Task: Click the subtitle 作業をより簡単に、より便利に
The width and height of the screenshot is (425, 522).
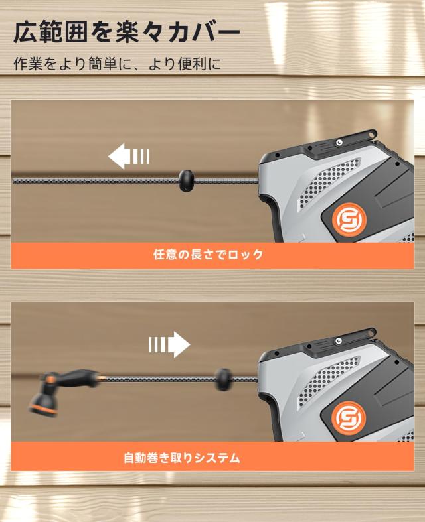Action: [x=117, y=64]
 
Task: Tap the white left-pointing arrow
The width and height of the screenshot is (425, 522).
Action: [x=128, y=157]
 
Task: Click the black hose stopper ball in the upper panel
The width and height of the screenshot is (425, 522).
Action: [x=187, y=179]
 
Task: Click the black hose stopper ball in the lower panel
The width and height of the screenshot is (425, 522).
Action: [x=224, y=379]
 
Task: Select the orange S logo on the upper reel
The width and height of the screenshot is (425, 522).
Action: [x=345, y=218]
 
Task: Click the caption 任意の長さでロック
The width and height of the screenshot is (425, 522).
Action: [x=208, y=254]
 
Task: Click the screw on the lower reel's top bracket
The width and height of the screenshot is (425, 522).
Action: [x=339, y=342]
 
